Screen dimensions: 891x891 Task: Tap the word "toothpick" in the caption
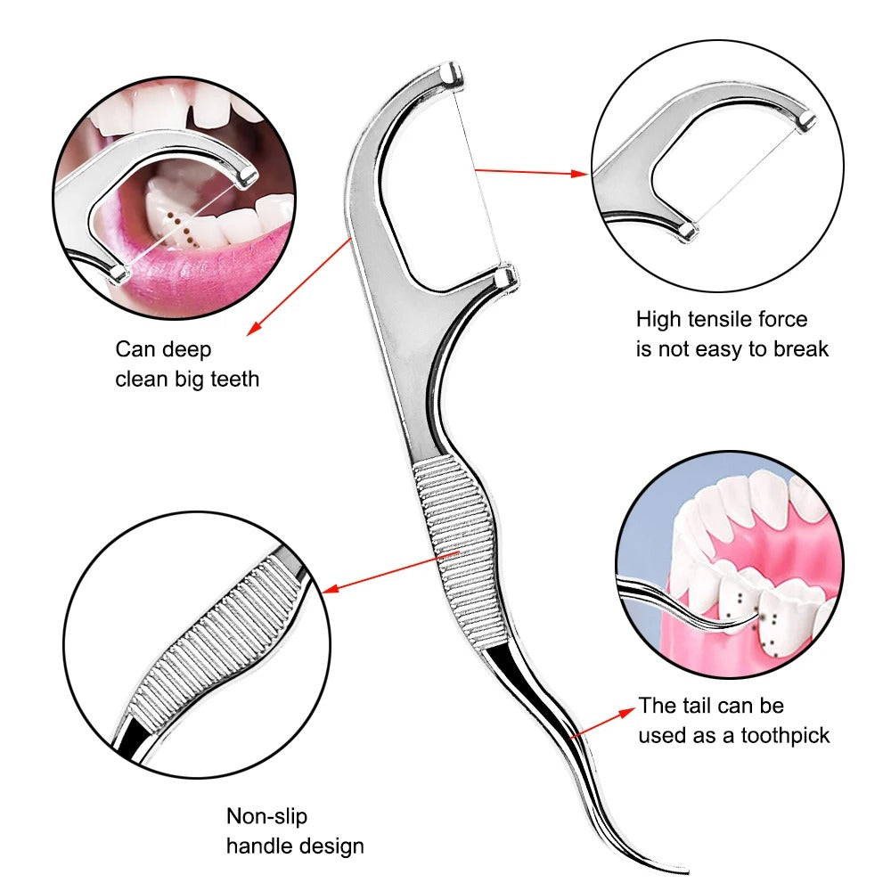pyautogui.click(x=785, y=735)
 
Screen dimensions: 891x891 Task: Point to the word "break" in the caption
pyautogui.click(x=800, y=348)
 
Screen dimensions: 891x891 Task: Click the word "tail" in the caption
pyautogui.click(x=707, y=707)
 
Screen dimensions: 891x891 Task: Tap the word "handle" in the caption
pyautogui.click(x=254, y=845)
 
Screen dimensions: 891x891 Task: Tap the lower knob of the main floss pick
pyautogui.click(x=504, y=278)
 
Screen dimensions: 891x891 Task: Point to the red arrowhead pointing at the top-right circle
pyautogui.click(x=580, y=174)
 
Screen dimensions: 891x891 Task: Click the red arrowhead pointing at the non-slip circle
pyautogui.click(x=328, y=589)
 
